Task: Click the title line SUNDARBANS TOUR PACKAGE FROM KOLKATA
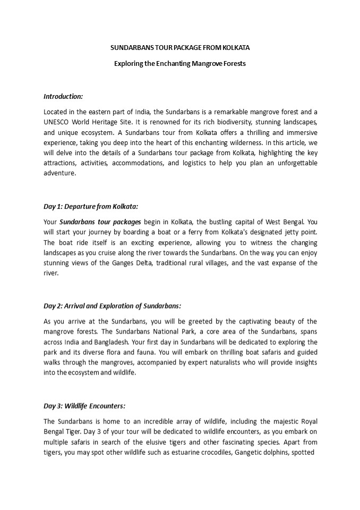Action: coord(180,47)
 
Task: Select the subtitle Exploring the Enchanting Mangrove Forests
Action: coord(180,63)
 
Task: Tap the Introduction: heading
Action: coord(63,96)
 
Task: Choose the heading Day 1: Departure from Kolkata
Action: coord(91,206)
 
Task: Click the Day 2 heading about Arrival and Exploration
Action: coord(113,305)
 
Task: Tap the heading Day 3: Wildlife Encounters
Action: coord(84,406)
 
